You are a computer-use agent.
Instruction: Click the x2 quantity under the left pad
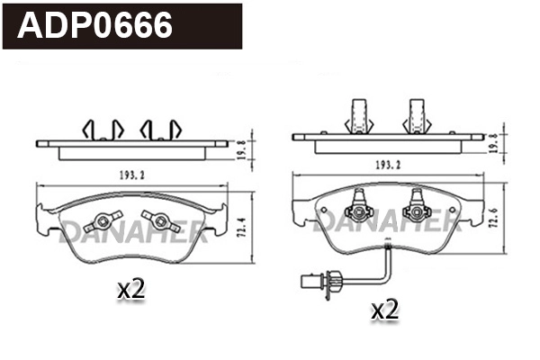(131, 289)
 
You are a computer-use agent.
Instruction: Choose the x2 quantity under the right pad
(384, 310)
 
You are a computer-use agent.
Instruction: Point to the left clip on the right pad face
(361, 210)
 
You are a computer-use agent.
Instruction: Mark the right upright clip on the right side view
(418, 114)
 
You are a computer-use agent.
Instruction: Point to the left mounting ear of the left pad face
(43, 216)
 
